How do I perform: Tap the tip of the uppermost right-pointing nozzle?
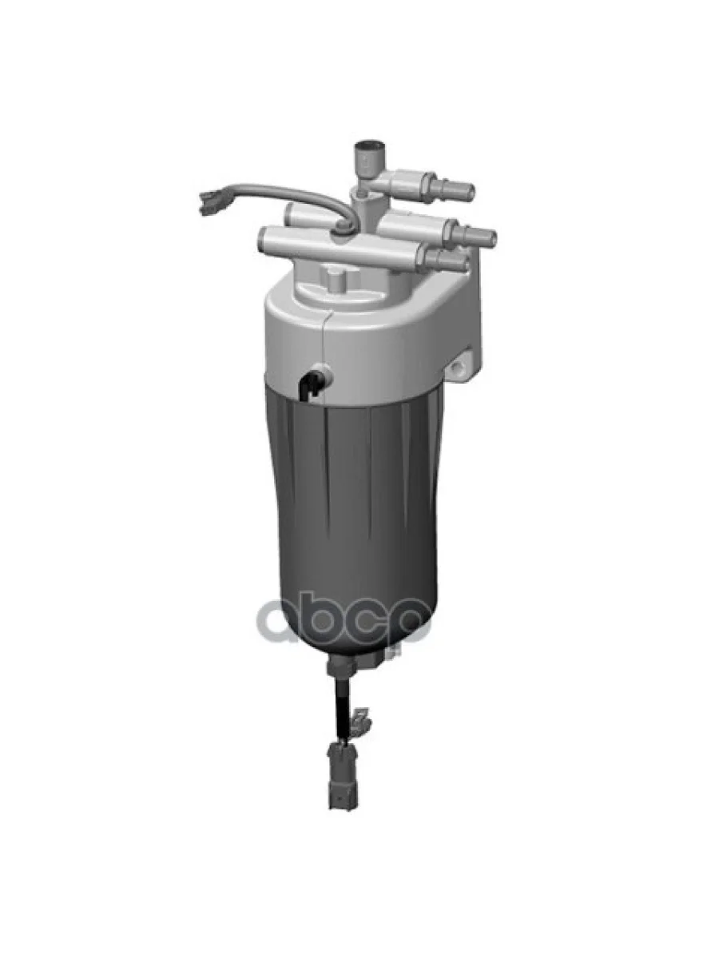coord(469,191)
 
